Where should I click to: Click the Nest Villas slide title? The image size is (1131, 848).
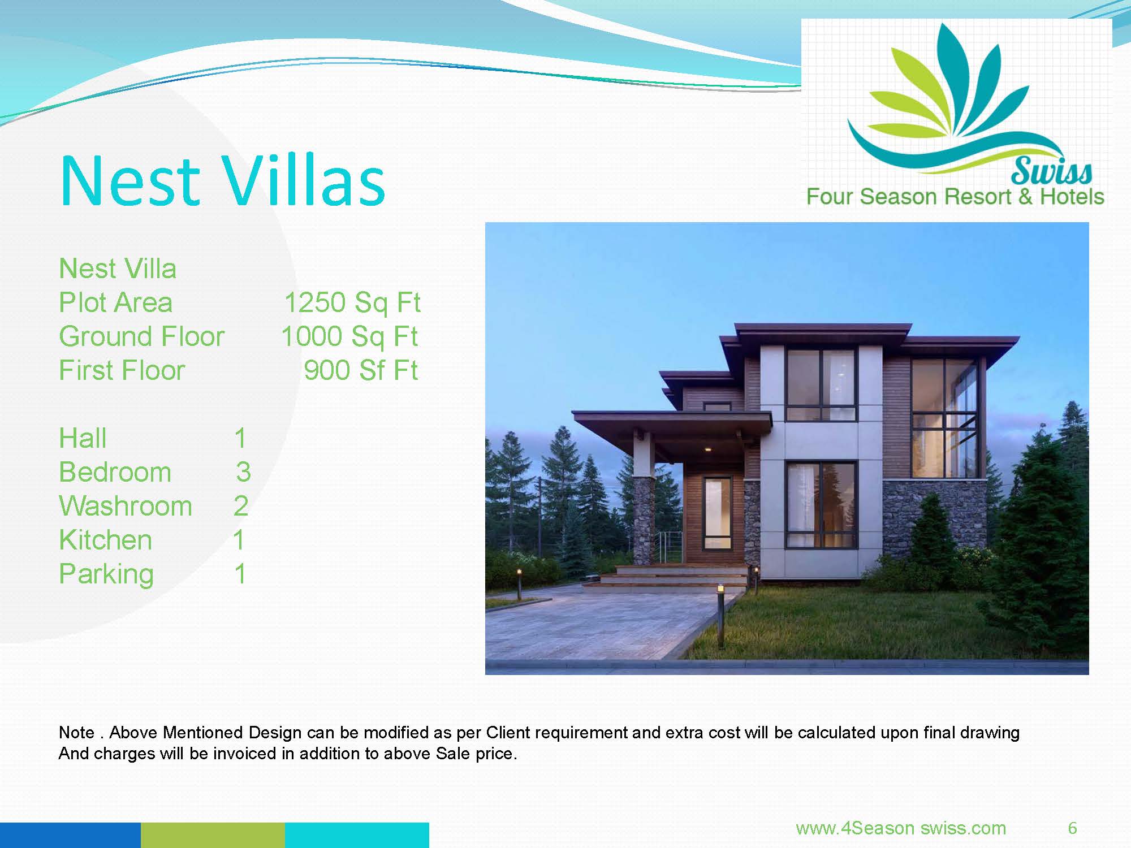(x=222, y=180)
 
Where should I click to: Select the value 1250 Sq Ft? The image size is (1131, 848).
(x=352, y=302)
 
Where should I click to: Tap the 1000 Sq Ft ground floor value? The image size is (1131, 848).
(x=349, y=337)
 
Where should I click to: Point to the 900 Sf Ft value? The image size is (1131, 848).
(x=361, y=370)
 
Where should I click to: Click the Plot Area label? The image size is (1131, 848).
(x=115, y=302)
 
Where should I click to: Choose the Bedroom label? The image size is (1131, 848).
(x=115, y=472)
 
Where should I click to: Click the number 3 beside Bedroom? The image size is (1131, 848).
(x=244, y=472)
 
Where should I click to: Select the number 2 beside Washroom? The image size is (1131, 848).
(x=241, y=506)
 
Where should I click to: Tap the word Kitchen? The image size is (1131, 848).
(x=106, y=540)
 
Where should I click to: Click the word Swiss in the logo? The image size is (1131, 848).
(x=1052, y=170)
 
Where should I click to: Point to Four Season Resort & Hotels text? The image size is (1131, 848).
(x=955, y=197)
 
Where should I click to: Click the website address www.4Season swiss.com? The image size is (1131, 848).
(x=901, y=828)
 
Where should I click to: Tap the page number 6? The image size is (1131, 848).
(x=1072, y=828)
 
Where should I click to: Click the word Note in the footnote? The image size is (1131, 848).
(x=76, y=733)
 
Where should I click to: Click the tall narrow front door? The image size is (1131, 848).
(x=716, y=513)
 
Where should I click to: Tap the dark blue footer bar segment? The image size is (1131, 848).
(x=70, y=835)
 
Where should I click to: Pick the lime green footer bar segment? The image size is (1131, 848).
(x=213, y=835)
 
